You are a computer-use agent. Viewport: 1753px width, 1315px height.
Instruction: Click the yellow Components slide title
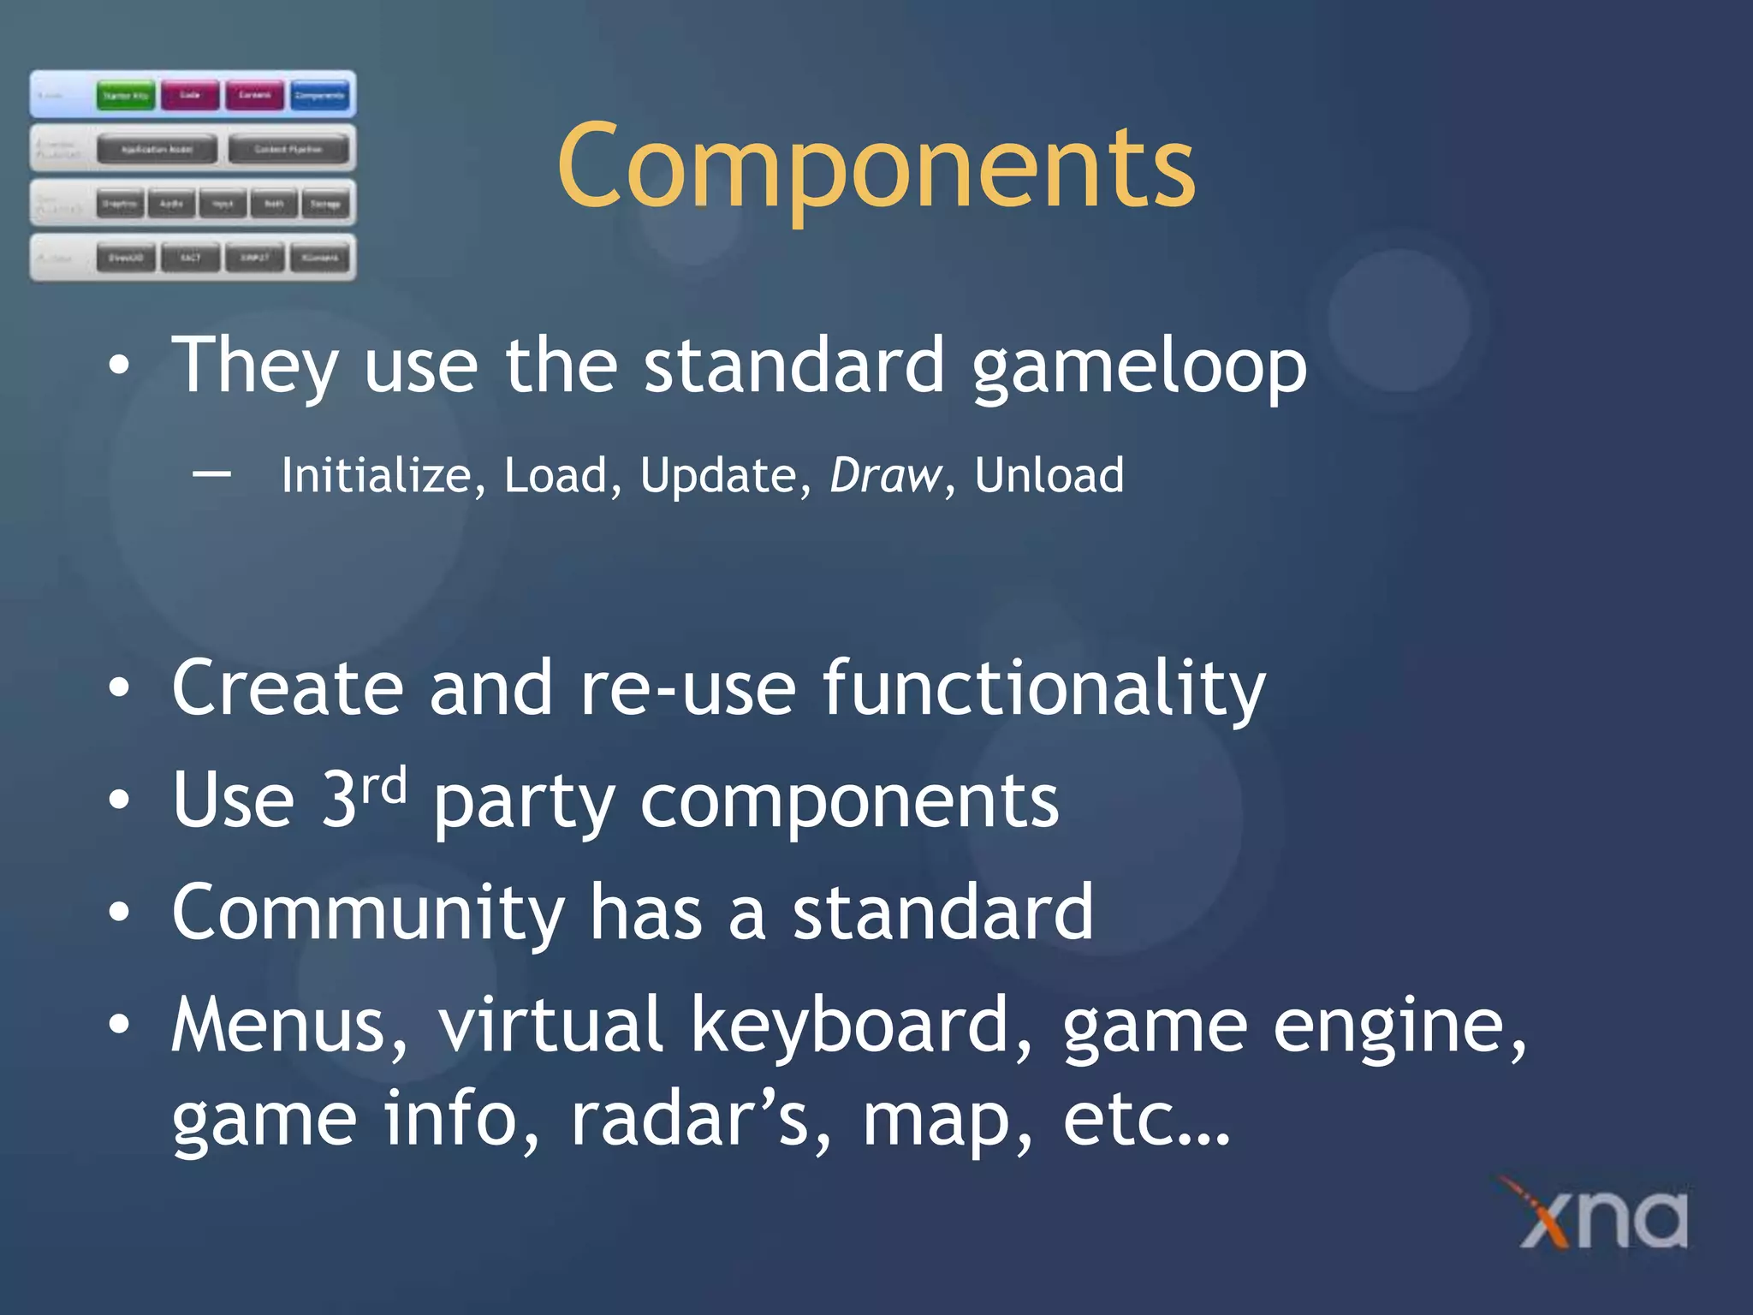(x=876, y=167)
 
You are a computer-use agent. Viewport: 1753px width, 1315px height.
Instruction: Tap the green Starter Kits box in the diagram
(x=125, y=95)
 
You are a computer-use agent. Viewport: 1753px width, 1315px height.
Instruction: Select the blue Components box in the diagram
(x=319, y=95)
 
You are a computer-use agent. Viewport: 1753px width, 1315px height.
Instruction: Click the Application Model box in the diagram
(x=157, y=149)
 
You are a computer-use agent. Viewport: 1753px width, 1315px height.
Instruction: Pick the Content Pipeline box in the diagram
(x=288, y=149)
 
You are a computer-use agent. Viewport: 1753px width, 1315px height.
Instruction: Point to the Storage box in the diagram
(x=325, y=204)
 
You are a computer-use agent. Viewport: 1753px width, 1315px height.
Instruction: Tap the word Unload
(x=1049, y=475)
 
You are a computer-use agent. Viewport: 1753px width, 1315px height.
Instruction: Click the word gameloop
(x=1138, y=366)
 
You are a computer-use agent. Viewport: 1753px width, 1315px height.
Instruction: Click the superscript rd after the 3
(x=383, y=785)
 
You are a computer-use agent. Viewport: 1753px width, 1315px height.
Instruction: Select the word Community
(x=367, y=913)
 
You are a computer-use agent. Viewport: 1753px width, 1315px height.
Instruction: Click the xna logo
(x=1601, y=1216)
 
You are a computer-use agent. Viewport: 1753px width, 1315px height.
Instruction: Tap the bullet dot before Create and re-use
(x=120, y=688)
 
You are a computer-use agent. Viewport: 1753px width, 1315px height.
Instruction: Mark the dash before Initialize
(x=211, y=473)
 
